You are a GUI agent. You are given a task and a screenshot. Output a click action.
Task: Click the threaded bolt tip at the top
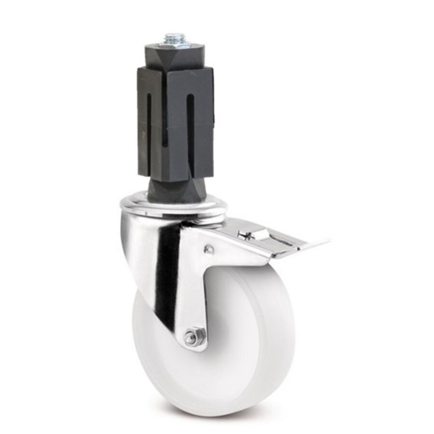[x=175, y=38]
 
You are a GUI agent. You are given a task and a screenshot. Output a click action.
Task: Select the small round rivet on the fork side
[x=209, y=249]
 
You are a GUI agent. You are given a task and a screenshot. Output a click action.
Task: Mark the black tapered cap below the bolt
[x=175, y=52]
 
